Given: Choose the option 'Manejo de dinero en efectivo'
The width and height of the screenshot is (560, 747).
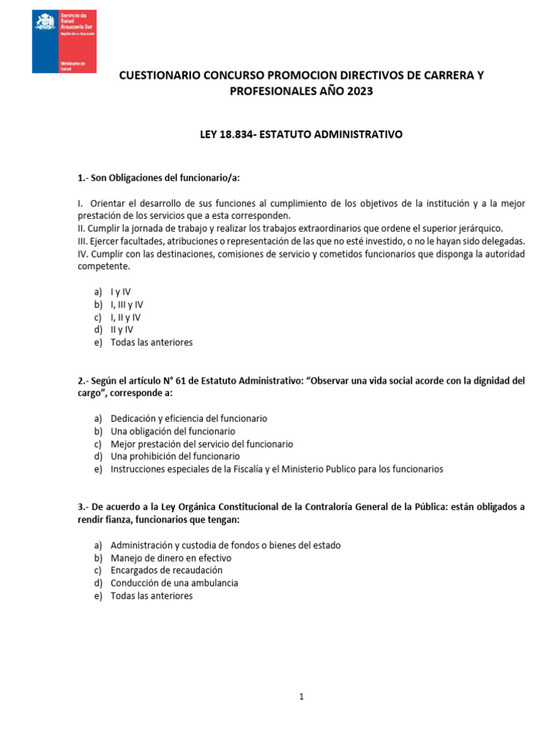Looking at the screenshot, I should coord(171,558).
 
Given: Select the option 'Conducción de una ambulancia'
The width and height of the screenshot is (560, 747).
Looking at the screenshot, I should coord(174,583).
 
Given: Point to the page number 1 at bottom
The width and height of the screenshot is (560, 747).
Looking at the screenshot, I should coord(301,697).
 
